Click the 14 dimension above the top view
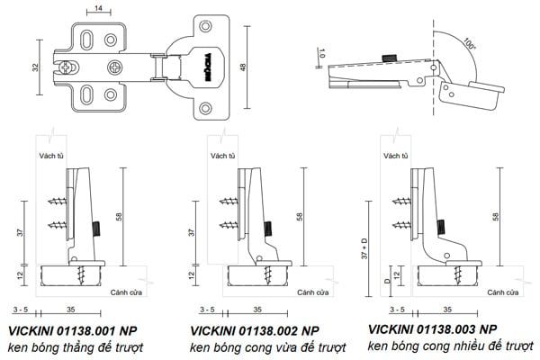97,9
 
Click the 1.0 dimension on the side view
322,55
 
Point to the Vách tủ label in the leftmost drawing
52,155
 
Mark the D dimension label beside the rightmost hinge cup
387,281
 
